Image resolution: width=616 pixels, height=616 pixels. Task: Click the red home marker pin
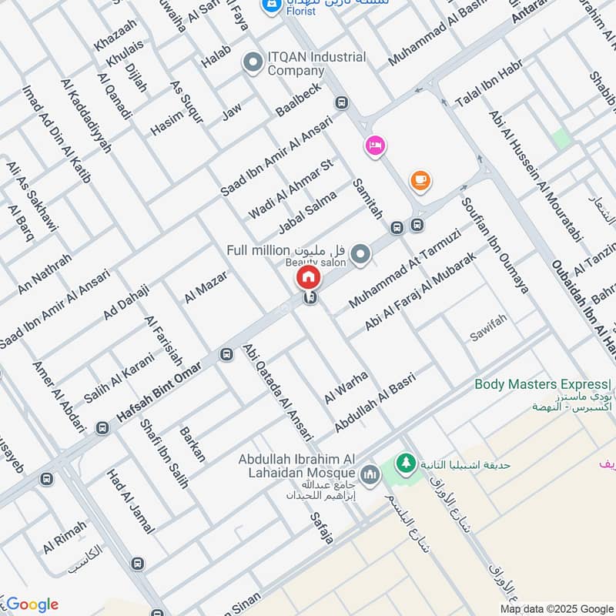click(308, 276)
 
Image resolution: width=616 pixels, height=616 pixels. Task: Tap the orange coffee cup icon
click(420, 180)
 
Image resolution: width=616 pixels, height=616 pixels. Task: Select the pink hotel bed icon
click(374, 145)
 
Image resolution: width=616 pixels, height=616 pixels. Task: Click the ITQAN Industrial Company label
click(316, 64)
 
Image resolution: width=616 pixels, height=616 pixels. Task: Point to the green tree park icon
click(404, 464)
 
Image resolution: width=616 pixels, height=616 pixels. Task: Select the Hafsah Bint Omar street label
click(159, 392)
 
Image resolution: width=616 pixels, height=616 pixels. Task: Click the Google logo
click(31, 604)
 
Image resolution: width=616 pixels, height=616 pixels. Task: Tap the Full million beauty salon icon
click(360, 253)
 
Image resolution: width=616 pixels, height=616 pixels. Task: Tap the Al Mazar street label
click(206, 286)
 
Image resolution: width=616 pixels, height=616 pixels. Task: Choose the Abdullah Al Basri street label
click(375, 401)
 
